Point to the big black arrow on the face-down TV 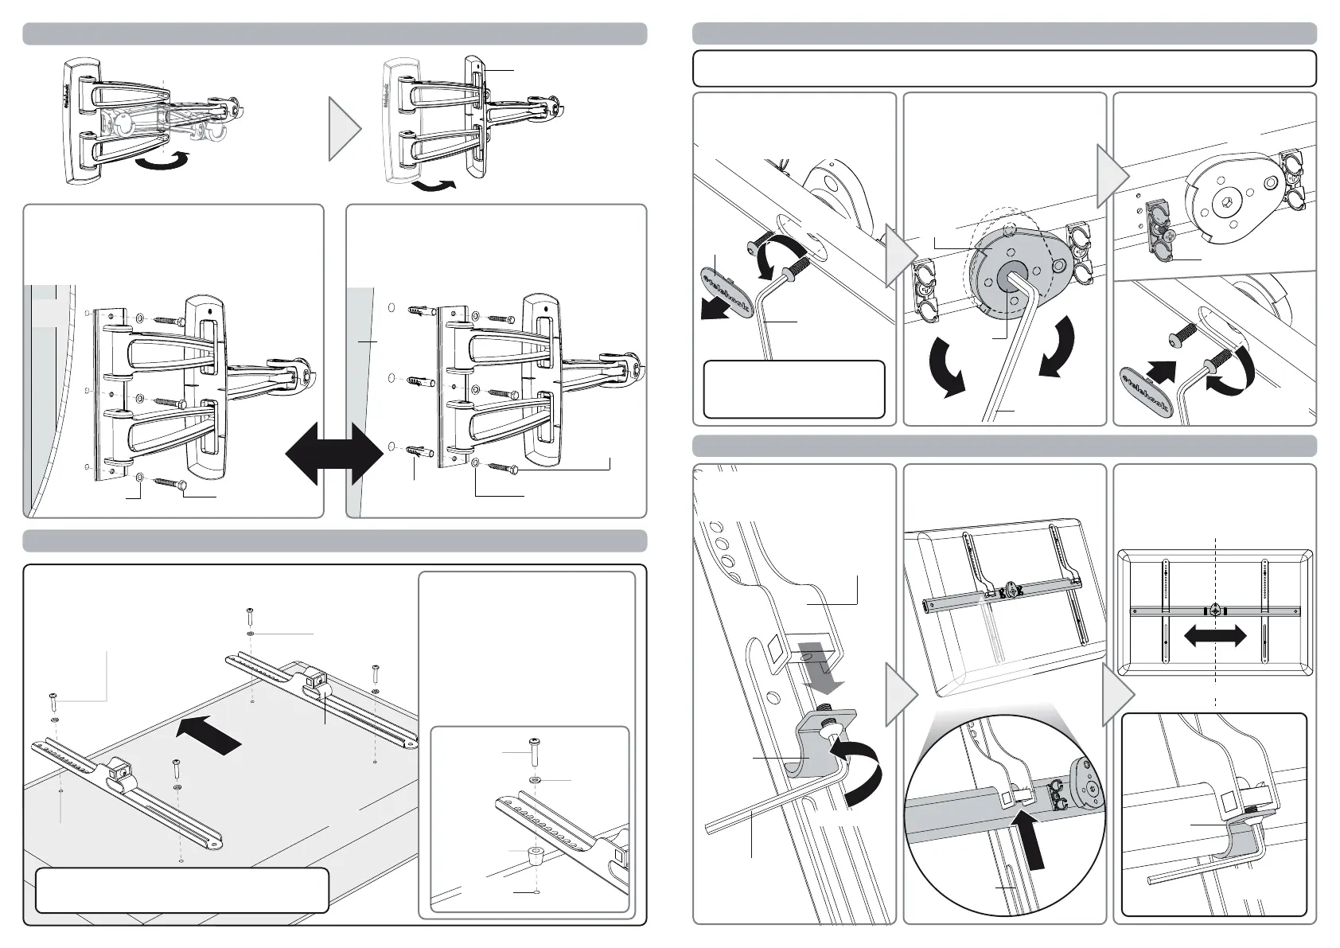pyautogui.click(x=208, y=734)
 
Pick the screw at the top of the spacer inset pyautogui.click(x=534, y=751)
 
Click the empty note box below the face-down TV pyautogui.click(x=181, y=889)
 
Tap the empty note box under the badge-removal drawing pyautogui.click(x=793, y=389)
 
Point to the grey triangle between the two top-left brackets pyautogui.click(x=345, y=129)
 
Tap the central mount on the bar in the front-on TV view pyautogui.click(x=1215, y=611)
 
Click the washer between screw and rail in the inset pyautogui.click(x=535, y=777)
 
